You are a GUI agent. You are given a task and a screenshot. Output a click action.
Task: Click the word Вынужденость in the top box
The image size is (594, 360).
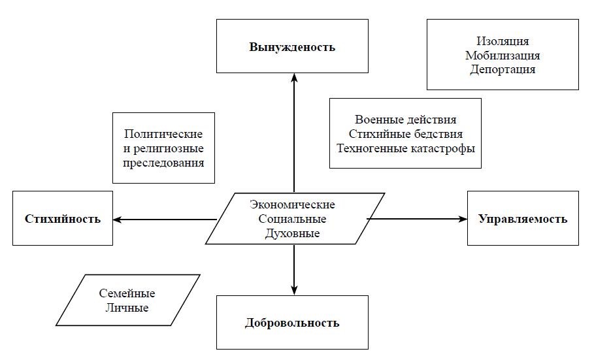coord(292,47)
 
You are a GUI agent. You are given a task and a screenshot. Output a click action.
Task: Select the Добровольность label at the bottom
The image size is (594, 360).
coord(292,323)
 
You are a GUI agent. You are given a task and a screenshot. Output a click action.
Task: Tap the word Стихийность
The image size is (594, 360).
coord(63,219)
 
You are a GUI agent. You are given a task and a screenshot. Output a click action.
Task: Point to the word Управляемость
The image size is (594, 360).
coord(523,219)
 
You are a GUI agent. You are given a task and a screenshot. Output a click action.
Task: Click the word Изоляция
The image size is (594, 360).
coord(503,42)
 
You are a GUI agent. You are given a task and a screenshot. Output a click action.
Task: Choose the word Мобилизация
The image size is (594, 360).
coord(503,56)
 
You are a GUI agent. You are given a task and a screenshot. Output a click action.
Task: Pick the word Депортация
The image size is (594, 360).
coord(503,69)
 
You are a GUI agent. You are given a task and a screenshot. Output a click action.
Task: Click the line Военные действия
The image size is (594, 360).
coord(405,120)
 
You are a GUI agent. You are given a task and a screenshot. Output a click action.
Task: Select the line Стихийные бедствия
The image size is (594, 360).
coord(405,134)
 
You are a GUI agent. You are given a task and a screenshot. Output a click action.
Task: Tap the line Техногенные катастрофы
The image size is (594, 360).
coord(405,148)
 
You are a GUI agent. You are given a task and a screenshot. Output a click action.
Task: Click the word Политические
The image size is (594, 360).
coord(163,134)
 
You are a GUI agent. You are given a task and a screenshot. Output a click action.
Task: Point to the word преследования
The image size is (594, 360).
coord(163,162)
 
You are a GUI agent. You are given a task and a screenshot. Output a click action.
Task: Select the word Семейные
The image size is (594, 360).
coord(127,294)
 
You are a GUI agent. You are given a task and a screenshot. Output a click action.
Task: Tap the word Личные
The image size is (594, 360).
coord(127,308)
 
